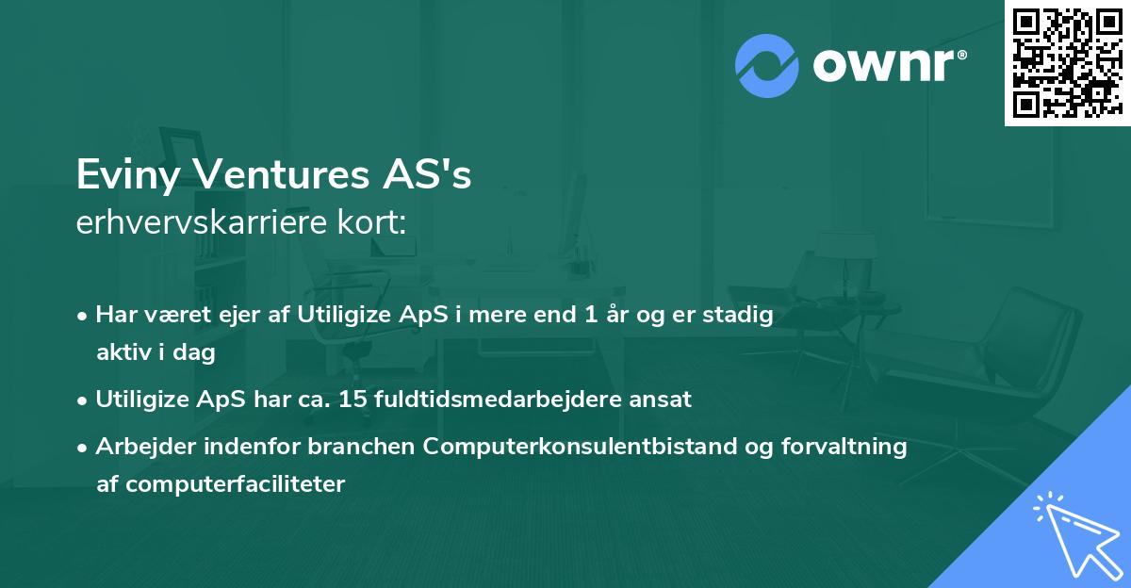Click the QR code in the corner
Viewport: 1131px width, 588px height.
(x=1066, y=62)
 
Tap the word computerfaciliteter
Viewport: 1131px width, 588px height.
(x=221, y=484)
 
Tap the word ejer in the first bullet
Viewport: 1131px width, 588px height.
(x=275, y=316)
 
